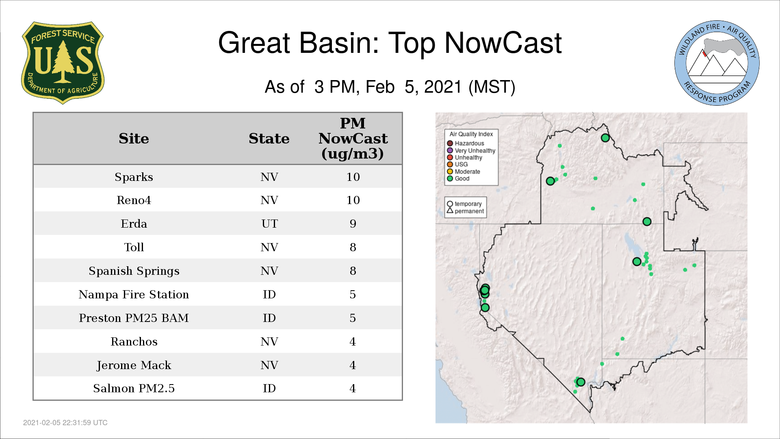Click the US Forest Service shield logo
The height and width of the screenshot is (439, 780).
(x=63, y=63)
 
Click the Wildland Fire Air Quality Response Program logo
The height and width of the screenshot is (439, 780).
(x=717, y=63)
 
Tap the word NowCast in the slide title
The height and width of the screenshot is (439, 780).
(x=503, y=43)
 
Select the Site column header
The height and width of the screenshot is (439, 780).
(x=134, y=139)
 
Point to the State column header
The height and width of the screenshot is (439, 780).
(x=269, y=139)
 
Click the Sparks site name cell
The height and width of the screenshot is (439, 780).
(x=134, y=177)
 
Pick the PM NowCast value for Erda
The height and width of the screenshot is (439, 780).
(x=353, y=224)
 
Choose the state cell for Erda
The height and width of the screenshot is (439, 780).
(x=269, y=224)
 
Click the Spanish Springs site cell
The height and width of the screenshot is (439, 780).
(x=134, y=271)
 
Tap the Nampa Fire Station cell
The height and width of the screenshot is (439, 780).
(x=134, y=294)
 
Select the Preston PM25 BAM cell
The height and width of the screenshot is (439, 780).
(x=134, y=318)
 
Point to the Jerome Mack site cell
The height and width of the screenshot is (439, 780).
(x=134, y=365)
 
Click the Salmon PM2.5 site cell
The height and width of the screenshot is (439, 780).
(x=134, y=389)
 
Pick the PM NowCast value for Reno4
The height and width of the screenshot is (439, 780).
(x=353, y=200)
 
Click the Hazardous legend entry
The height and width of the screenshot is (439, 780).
(x=466, y=143)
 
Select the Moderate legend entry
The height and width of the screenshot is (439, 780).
(x=464, y=172)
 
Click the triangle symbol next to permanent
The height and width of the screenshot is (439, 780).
(x=450, y=210)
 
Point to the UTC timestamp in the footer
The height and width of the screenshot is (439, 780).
(x=65, y=423)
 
